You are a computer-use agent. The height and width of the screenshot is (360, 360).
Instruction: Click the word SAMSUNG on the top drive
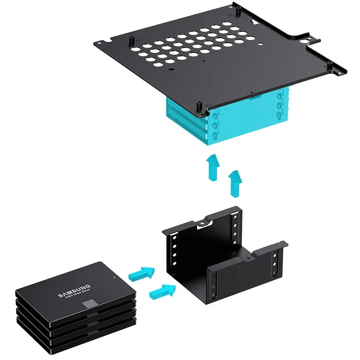[x=74, y=291]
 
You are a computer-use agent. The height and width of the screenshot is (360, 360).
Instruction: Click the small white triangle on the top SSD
[x=114, y=277]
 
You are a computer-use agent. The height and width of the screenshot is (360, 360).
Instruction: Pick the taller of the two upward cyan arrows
[x=213, y=167]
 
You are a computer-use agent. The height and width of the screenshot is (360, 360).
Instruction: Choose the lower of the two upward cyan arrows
[x=235, y=184]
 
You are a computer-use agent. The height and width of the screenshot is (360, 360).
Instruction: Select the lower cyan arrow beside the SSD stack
[x=162, y=292]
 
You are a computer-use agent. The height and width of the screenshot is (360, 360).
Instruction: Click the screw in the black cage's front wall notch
[x=247, y=258]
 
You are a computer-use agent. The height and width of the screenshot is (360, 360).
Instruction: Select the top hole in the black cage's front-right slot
[x=275, y=256]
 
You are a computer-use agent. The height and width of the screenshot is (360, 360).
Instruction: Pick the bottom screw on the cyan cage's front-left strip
[x=216, y=135]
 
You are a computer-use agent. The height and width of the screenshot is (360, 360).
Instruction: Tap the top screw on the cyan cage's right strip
[x=280, y=96]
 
